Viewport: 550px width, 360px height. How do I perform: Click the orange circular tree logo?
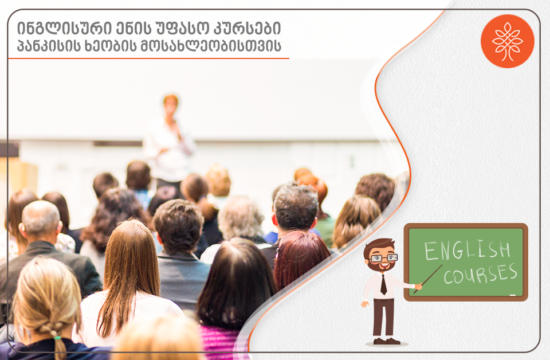pyautogui.click(x=507, y=41)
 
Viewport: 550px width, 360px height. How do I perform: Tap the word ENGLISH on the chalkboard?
pyautogui.click(x=467, y=250)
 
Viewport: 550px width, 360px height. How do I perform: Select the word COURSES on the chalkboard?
pyautogui.click(x=480, y=274)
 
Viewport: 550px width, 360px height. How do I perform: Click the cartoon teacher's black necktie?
pyautogui.click(x=384, y=284)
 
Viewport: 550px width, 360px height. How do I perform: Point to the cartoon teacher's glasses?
pyautogui.click(x=384, y=258)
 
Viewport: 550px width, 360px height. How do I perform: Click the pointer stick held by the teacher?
pyautogui.click(x=428, y=279)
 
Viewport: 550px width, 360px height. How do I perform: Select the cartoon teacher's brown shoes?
pyautogui.click(x=386, y=341)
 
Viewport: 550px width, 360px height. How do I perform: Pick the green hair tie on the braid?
pyautogui.click(x=57, y=338)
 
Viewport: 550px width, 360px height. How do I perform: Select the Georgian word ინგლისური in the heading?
pyautogui.click(x=62, y=29)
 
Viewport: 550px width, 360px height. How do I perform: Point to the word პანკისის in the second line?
pyautogui.click(x=49, y=46)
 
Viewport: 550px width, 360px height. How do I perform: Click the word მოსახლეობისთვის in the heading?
pyautogui.click(x=210, y=46)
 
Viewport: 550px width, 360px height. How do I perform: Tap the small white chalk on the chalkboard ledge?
pyautogui.click(x=512, y=295)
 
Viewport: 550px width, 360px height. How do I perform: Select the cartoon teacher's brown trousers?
pyautogui.click(x=383, y=318)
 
